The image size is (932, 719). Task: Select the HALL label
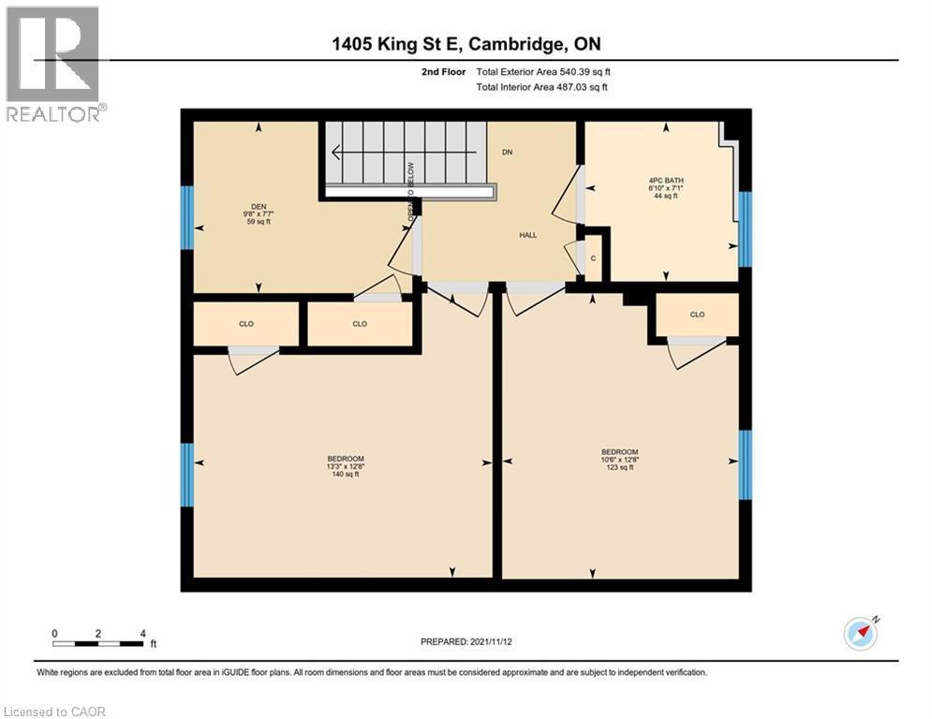coord(528,235)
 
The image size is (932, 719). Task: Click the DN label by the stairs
coord(507,152)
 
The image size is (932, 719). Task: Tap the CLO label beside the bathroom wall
coord(697,315)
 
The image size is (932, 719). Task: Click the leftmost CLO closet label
coord(246,324)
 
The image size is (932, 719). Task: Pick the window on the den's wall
coord(187,217)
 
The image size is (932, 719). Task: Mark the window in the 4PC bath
coord(745,228)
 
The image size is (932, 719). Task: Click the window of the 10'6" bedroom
coord(745,463)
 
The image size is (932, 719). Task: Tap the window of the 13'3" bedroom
coord(187,475)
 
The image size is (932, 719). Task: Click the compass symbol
coord(860,633)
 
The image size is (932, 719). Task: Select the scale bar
coord(98,643)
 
